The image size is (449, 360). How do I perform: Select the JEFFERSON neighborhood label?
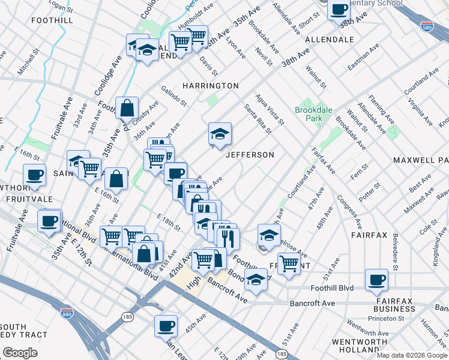(250, 155)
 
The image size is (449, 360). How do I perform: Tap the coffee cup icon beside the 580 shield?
(339, 10)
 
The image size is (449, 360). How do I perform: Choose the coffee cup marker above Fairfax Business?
(377, 280)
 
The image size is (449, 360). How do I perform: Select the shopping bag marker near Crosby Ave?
(127, 109)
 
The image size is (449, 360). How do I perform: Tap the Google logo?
(20, 353)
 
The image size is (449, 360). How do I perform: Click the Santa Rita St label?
(258, 118)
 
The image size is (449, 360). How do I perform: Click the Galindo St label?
(173, 97)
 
